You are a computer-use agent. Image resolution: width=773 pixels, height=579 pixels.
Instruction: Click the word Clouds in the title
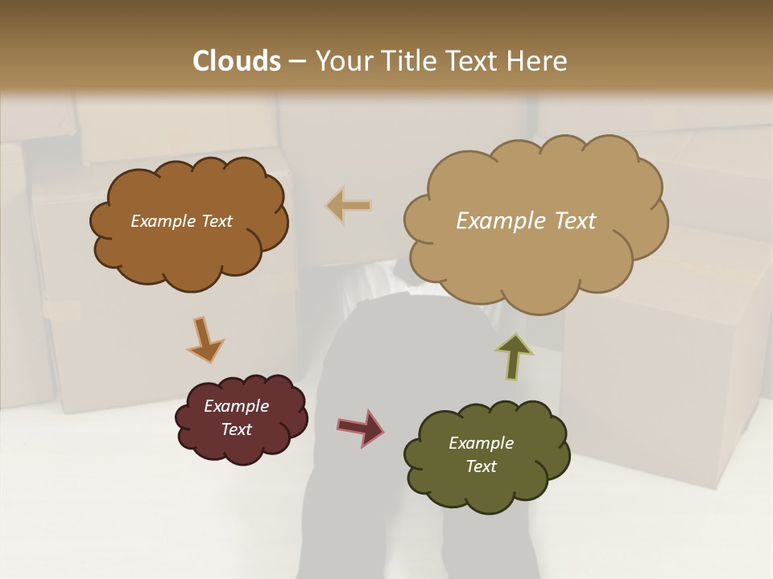[x=237, y=61]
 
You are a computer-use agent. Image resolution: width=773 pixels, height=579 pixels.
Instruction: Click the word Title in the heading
[x=403, y=61]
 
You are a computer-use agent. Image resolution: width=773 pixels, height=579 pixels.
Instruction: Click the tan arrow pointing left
[x=349, y=206]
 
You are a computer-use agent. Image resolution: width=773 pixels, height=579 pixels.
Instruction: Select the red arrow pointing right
[x=361, y=427]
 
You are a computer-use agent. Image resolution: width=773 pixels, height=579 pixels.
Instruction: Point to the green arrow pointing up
[x=514, y=356]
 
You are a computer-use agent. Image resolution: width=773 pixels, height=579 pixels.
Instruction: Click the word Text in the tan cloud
[x=574, y=221]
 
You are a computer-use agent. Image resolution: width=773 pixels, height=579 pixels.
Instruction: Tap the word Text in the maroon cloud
[x=237, y=429]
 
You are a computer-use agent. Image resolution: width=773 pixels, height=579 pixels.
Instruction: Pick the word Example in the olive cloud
[x=481, y=443]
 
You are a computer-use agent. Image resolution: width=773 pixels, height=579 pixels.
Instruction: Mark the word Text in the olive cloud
[x=481, y=466]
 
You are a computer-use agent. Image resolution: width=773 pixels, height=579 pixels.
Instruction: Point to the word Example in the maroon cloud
[x=237, y=406]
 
